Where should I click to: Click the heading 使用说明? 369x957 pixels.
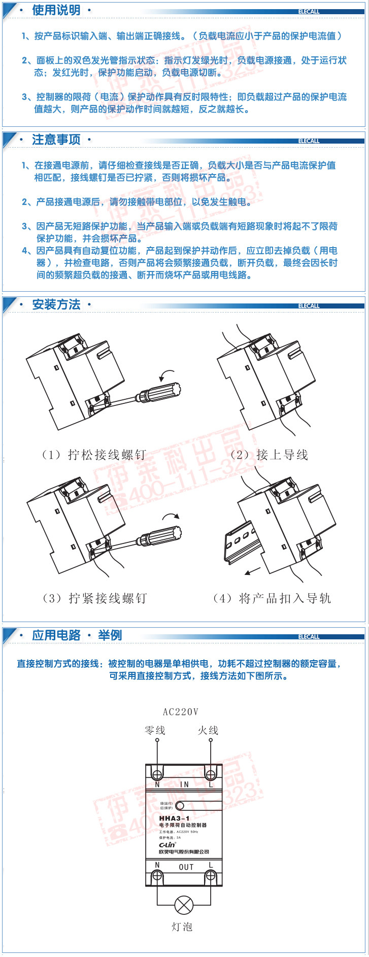56,10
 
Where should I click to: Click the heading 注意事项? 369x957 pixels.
56,140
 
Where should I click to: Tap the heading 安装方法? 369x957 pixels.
56,304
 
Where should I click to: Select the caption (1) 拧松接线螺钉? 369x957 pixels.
94,455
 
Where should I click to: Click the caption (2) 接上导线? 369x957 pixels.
270,455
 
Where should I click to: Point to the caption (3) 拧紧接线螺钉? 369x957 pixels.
95,598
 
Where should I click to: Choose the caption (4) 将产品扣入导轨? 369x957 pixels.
272,598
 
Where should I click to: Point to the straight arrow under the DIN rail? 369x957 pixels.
252,571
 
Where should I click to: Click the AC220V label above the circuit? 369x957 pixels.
181,712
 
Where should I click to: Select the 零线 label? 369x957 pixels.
155,730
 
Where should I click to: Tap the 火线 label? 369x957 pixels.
208,730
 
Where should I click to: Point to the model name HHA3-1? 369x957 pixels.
174,818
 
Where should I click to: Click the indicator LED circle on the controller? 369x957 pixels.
180,805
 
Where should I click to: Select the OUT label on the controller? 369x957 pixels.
186,867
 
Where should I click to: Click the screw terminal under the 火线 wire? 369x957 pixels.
211,774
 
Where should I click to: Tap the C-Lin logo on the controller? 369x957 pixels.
167,845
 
